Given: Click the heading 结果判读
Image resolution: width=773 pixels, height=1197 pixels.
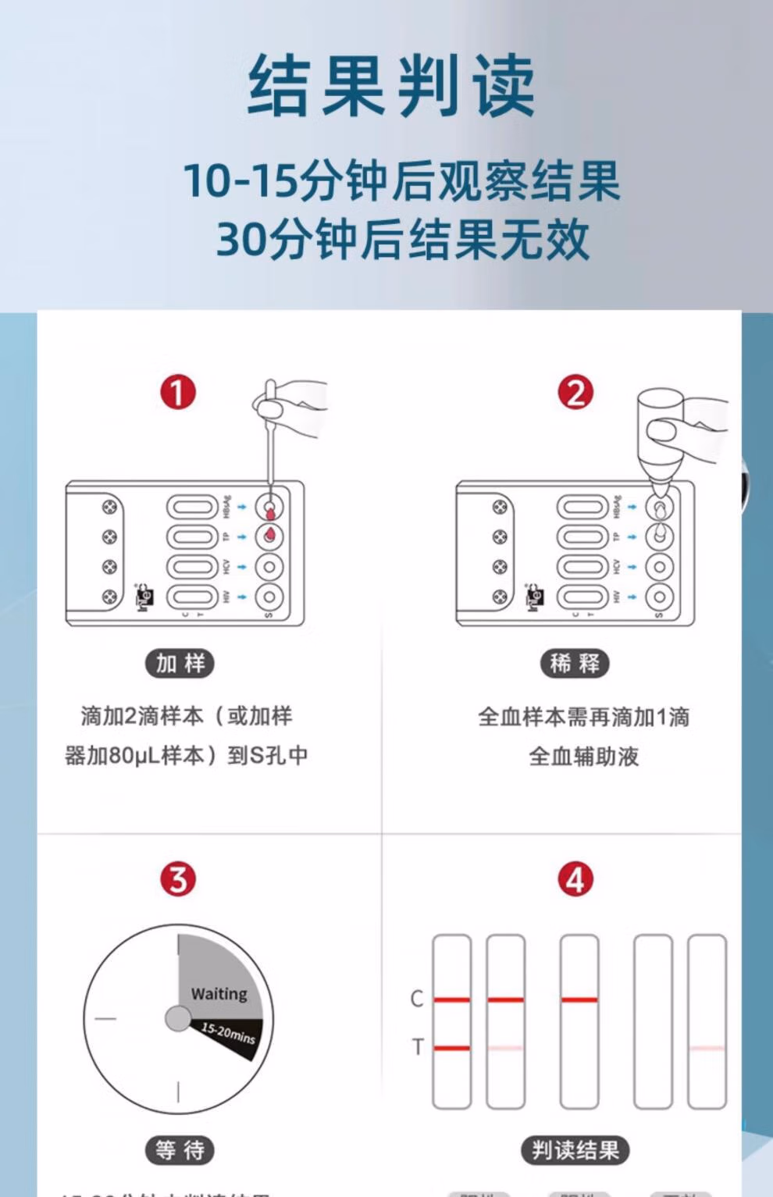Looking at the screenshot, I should coord(391,87).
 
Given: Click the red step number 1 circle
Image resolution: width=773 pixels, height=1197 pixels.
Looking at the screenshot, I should coord(178,392).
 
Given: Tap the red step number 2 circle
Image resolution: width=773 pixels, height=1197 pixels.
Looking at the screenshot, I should coord(575,392).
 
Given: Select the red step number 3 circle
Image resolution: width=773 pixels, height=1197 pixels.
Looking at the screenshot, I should coord(178,879).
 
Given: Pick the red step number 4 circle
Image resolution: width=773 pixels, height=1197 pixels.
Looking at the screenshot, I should coord(575,879).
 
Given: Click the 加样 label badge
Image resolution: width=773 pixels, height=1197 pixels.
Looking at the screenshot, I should coord(180,664).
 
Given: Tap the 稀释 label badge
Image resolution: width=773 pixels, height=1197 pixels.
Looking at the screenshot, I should coord(575,664).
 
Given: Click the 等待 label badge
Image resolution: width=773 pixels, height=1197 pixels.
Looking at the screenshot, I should coord(180,1150).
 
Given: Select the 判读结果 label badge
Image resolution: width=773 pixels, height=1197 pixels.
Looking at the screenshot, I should coord(575,1150).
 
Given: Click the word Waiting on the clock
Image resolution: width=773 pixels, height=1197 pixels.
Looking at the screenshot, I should coord(219,994).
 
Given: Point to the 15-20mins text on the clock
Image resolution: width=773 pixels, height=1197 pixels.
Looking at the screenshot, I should coord(228,1033).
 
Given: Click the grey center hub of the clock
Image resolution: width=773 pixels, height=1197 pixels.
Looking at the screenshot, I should coord(178,1018).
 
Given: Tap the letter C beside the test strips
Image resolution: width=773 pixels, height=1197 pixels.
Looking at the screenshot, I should coord(417,999).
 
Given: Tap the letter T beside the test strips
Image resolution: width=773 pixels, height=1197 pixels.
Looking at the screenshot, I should coord(417,1047).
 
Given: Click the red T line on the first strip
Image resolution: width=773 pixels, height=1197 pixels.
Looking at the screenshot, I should coord(452,1048).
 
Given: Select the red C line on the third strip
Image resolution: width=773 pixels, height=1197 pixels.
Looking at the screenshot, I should coord(579,999).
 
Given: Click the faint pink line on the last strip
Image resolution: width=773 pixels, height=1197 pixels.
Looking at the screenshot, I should coord(707,1048).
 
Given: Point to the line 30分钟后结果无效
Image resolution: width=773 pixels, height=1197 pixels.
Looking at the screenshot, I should coord(402,239).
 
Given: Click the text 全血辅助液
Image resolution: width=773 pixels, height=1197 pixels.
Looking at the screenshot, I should coord(583,756).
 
